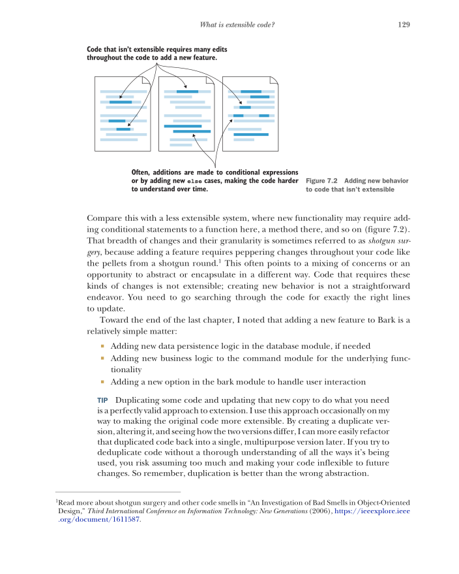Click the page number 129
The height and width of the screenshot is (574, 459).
403,25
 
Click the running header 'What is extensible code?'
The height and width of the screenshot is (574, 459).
239,25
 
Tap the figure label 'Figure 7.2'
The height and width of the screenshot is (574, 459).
321,180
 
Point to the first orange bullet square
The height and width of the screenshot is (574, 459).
102,345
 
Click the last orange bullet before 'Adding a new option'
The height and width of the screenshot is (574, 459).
102,381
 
